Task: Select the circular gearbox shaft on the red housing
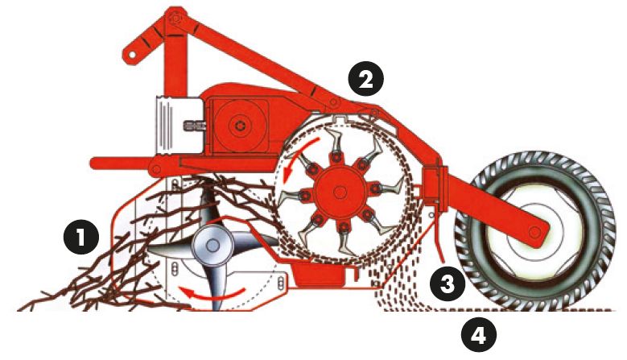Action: coord(238,125)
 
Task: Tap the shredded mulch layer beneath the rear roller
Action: coord(515,308)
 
